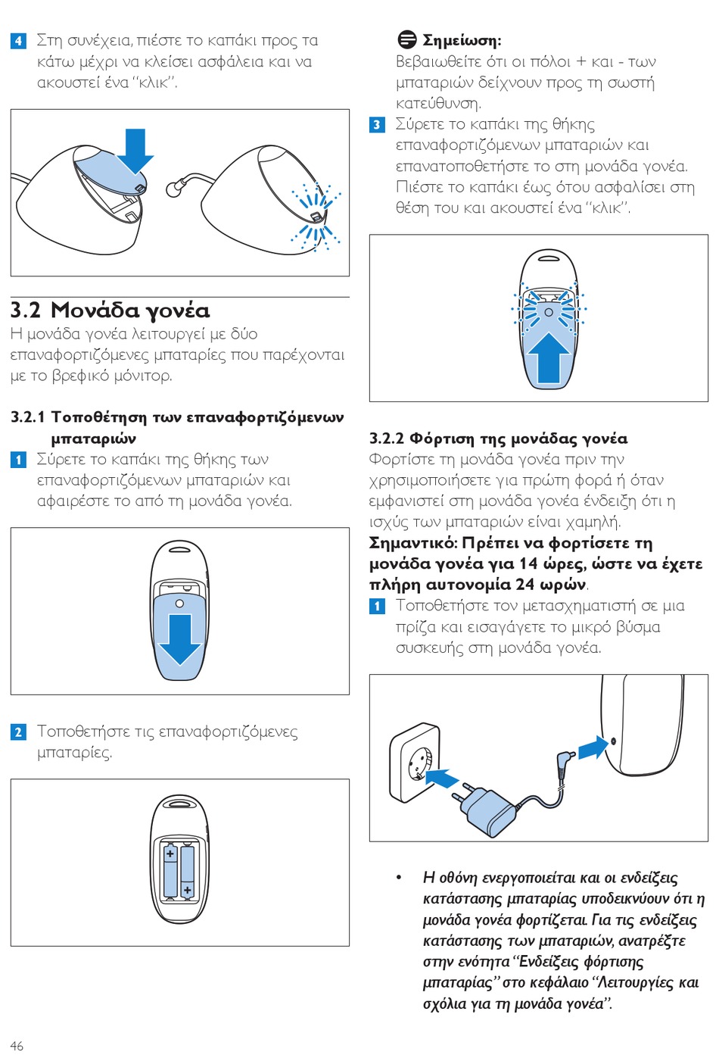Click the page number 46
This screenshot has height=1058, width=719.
pos(17,1046)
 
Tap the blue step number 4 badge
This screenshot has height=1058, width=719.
pos(18,41)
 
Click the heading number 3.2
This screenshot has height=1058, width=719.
pos(26,311)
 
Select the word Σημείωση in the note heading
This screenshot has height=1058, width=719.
pos(460,41)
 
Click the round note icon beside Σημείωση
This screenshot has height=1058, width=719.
pos(406,39)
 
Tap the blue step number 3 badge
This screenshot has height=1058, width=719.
pos(377,125)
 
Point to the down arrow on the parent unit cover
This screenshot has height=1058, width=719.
pos(179,640)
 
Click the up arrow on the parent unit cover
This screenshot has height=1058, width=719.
pos(548,357)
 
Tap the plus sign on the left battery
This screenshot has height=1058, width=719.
pos(170,854)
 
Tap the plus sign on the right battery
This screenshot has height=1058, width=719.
pos(188,891)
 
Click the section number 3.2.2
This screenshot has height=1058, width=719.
pos(387,438)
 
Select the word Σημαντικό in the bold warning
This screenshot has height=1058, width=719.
pos(413,543)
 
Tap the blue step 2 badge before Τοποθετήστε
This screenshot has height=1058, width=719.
pos(18,732)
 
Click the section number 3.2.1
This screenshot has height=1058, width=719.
pos(28,417)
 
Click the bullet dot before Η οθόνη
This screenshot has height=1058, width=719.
pos(399,878)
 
